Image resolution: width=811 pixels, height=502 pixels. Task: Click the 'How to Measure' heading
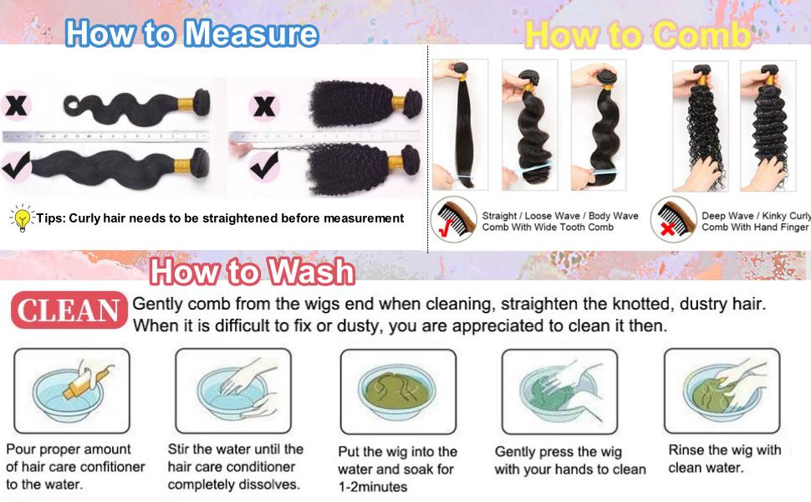click(191, 33)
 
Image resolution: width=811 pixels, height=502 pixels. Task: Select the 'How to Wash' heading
click(252, 272)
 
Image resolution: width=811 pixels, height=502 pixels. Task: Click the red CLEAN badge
click(69, 311)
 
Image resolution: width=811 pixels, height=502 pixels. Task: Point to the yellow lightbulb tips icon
click(21, 218)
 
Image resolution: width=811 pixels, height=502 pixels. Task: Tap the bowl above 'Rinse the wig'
click(722, 388)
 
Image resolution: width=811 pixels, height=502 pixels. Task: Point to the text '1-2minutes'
click(372, 486)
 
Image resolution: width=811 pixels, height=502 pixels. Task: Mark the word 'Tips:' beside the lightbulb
click(51, 218)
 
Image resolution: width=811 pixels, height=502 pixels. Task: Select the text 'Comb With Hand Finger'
click(755, 228)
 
